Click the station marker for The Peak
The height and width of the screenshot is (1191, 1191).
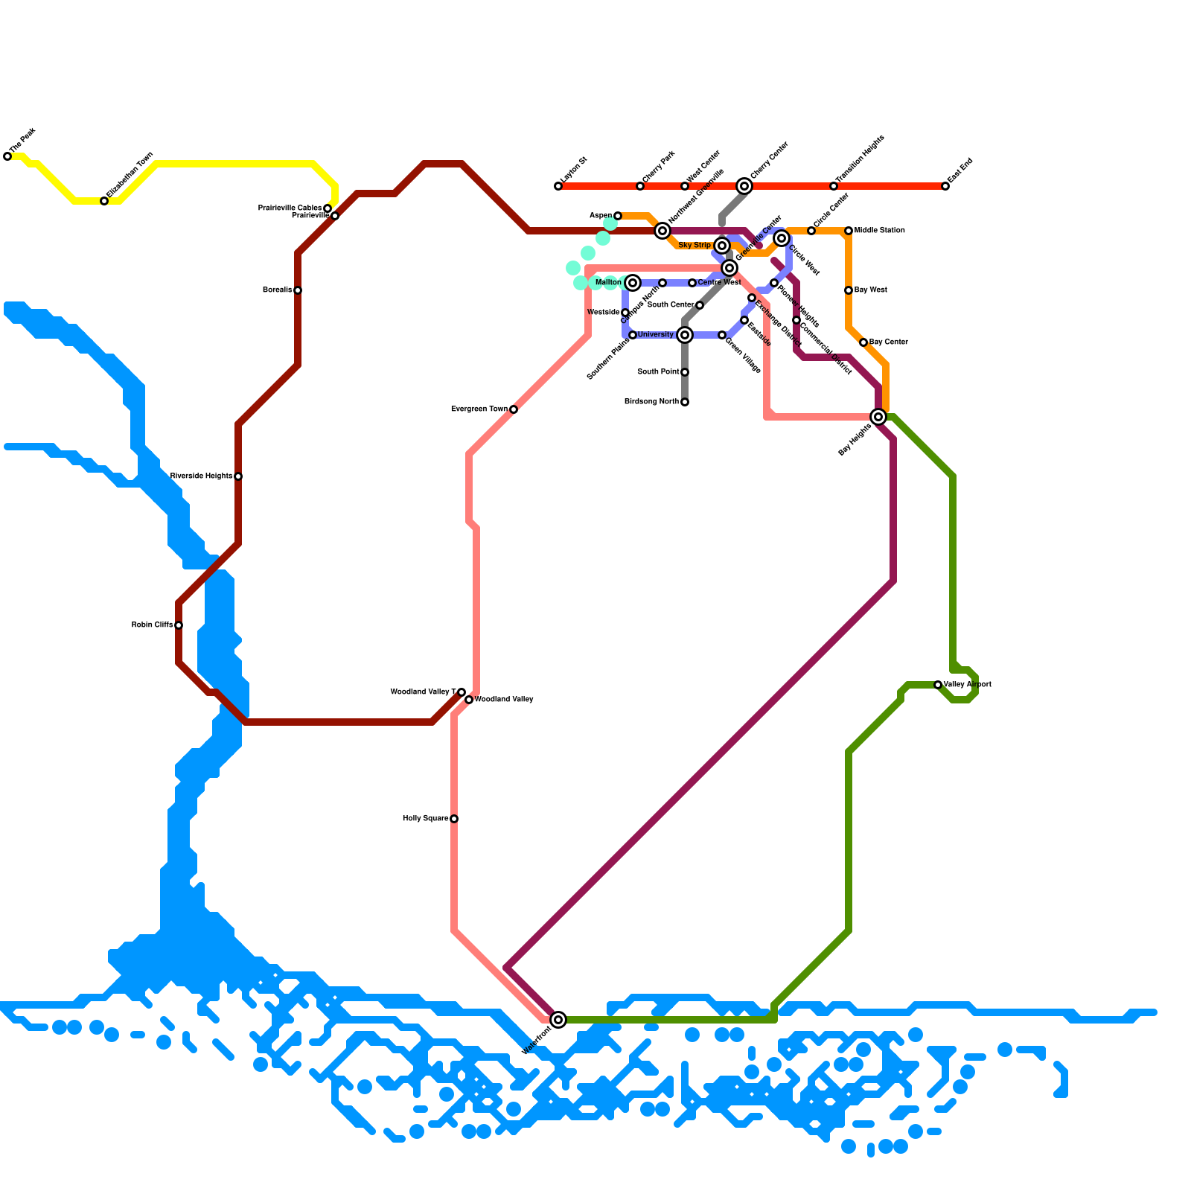(x=7, y=156)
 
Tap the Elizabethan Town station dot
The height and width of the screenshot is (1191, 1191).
(x=104, y=201)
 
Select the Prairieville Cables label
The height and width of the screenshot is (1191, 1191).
(x=290, y=208)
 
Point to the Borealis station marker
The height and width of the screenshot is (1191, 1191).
(x=298, y=290)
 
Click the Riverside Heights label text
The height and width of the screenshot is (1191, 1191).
(x=201, y=476)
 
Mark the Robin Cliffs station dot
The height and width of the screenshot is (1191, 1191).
(x=179, y=625)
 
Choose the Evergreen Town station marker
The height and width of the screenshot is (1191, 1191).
(x=514, y=409)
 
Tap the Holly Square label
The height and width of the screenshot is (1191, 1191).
(x=425, y=819)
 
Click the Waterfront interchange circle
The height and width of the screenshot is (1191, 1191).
(x=558, y=1020)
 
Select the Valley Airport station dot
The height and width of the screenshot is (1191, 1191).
(x=938, y=685)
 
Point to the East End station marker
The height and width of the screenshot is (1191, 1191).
(x=945, y=186)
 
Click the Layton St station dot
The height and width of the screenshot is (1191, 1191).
(x=558, y=186)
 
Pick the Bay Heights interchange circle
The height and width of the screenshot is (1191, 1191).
(x=878, y=417)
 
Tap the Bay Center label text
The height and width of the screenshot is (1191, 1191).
(x=888, y=342)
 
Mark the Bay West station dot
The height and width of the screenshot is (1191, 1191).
(x=849, y=290)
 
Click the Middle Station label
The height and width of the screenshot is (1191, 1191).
(x=879, y=231)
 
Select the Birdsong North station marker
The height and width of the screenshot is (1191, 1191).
(x=685, y=402)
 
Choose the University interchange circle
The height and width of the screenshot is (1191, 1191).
(x=685, y=335)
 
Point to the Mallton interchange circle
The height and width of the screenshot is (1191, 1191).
(x=633, y=283)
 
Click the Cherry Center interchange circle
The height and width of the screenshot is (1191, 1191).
(x=744, y=186)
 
